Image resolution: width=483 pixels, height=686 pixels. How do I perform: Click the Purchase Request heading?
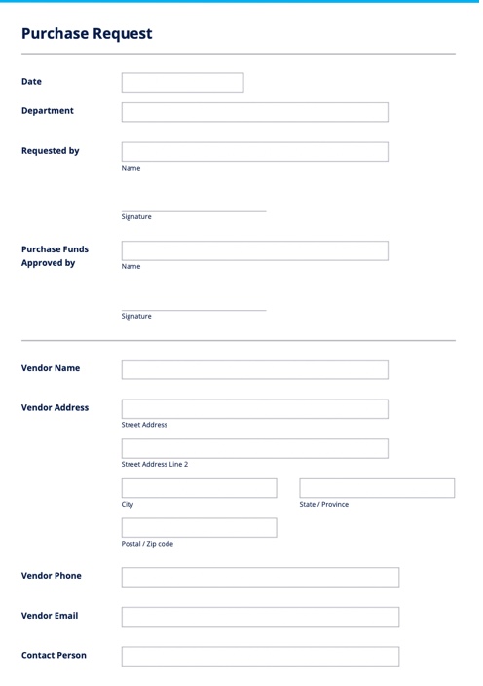coord(87,33)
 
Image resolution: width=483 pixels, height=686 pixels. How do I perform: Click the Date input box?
coord(182,83)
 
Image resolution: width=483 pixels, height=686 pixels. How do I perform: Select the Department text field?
coord(254,112)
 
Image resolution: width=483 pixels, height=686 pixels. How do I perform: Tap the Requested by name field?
coord(254,152)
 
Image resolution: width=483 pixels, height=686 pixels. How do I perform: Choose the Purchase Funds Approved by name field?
coord(254,250)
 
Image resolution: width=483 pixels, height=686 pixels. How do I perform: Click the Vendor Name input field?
coord(254,369)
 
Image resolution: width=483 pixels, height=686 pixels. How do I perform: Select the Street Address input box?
coord(254,409)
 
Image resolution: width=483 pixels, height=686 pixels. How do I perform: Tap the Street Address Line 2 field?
coord(254,448)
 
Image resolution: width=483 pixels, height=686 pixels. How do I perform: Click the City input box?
coord(199,488)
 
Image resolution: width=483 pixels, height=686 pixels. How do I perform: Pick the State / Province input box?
coord(377,488)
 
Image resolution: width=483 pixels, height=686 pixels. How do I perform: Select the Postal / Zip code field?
coord(199,528)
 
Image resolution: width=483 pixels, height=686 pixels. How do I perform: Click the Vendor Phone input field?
coord(260,577)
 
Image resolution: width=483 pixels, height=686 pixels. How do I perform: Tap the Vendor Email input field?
coord(260,617)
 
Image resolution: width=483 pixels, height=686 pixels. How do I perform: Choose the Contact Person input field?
coord(260,656)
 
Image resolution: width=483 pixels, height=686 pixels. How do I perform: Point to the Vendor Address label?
coord(56,407)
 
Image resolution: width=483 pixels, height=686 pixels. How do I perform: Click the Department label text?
coord(48,110)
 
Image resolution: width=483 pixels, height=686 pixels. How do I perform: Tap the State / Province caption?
coord(324,505)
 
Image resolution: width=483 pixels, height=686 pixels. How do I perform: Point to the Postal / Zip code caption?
coord(147,544)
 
